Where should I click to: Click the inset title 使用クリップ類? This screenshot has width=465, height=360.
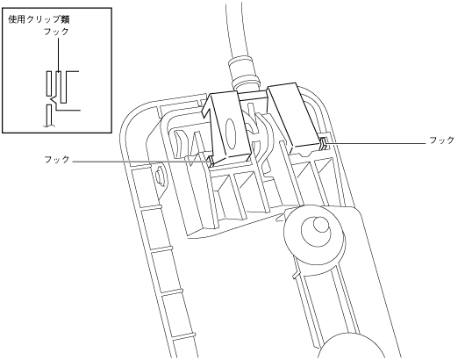[x=39, y=20]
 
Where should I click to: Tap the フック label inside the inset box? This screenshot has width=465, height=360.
[x=56, y=32]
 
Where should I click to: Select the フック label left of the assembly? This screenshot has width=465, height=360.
[x=57, y=160]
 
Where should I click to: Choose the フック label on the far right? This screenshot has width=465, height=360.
[x=442, y=140]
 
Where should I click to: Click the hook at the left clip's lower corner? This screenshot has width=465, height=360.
[x=211, y=162]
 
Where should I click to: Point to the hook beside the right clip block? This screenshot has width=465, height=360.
[x=323, y=144]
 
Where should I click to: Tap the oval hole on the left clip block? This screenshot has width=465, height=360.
[x=231, y=133]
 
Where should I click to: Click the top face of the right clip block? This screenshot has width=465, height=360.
[x=282, y=86]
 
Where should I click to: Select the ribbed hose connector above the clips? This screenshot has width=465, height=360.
[x=244, y=72]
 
